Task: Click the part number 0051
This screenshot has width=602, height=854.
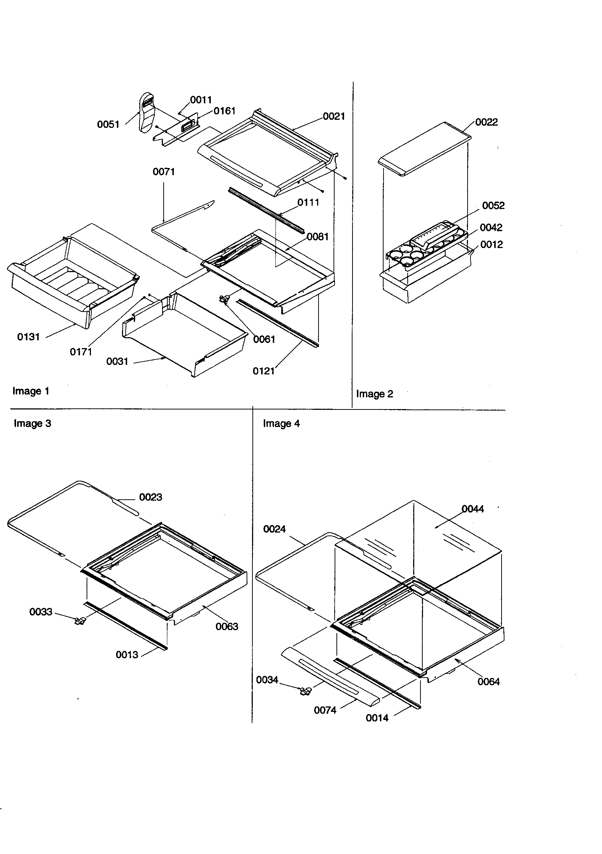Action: (108, 124)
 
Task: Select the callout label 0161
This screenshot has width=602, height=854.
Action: (224, 111)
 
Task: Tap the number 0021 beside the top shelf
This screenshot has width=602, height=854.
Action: (334, 117)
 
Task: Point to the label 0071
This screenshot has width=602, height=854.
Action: (164, 172)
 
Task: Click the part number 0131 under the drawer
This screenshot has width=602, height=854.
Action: (28, 337)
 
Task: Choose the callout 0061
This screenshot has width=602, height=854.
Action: (264, 339)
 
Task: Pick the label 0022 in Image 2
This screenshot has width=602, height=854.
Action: (486, 122)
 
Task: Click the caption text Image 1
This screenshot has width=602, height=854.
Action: (31, 391)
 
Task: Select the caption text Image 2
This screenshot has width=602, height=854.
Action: (374, 394)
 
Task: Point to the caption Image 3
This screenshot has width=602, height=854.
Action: (33, 423)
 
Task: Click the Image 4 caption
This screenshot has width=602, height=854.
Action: (281, 424)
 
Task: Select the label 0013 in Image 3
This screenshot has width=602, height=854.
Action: (127, 655)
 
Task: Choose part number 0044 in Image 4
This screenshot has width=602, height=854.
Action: (473, 509)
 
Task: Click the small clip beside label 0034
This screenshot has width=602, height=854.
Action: (305, 691)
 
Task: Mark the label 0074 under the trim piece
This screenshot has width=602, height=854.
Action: (325, 710)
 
